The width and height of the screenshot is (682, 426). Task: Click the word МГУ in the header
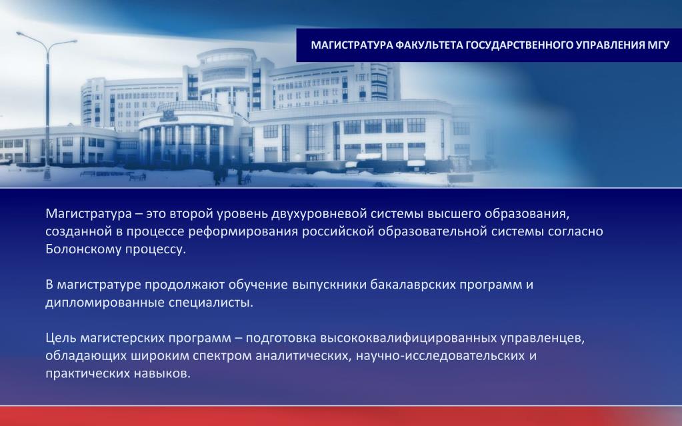click(657, 45)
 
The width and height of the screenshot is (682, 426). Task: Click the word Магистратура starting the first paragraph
click(89, 213)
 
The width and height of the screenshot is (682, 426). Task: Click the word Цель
click(61, 338)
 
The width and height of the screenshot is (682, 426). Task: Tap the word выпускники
click(329, 285)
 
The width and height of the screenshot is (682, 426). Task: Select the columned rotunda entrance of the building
click(183, 139)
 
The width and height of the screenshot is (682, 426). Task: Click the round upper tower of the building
click(227, 74)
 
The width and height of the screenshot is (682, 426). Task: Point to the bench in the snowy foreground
click(137, 177)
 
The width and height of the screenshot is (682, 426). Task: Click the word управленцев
click(542, 338)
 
